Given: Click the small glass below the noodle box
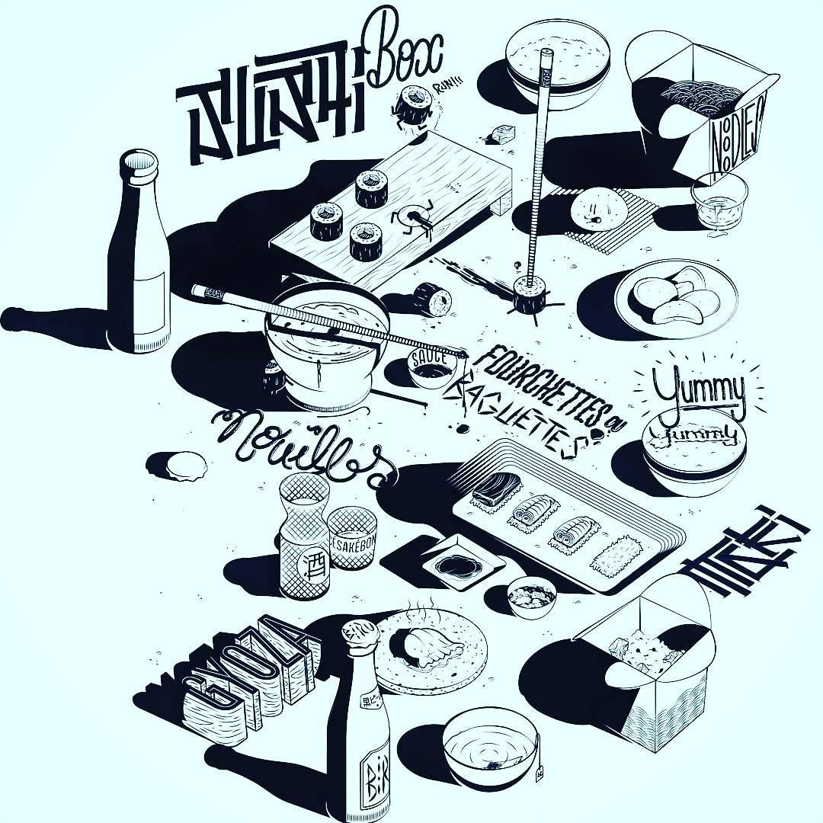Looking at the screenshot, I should [x=719, y=198].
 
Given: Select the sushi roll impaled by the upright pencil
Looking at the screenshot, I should [x=527, y=293].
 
